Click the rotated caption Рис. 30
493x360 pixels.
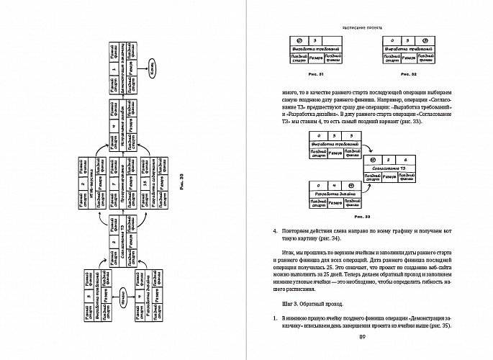(x=181, y=181)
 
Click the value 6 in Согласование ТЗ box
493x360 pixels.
(x=404, y=160)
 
